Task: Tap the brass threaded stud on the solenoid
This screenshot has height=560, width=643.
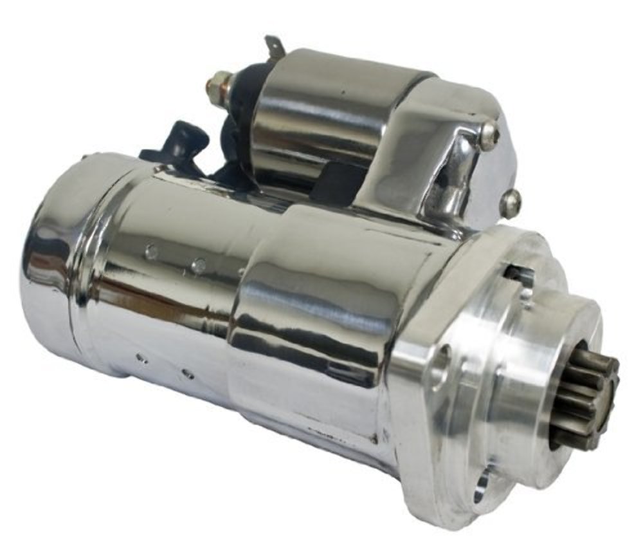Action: (x=217, y=84)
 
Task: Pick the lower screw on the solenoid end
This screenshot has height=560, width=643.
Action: (x=511, y=202)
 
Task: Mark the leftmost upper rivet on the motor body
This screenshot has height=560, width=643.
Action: (x=152, y=252)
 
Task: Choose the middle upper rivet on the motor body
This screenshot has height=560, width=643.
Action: (x=199, y=265)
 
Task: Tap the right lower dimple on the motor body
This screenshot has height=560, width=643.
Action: (x=187, y=373)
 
